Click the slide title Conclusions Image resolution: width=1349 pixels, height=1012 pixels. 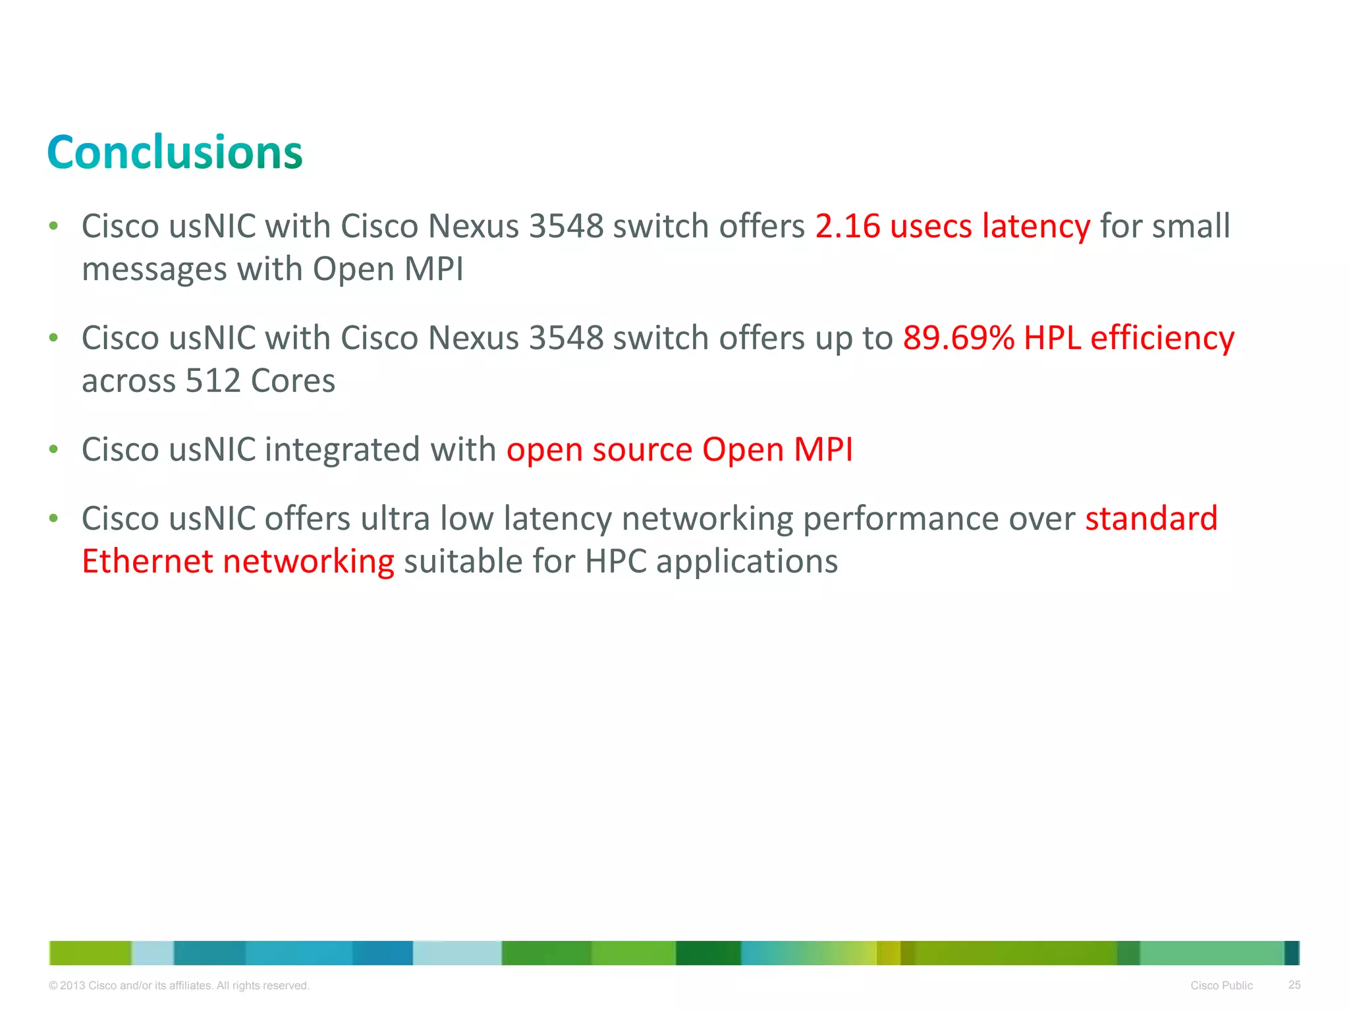[175, 153]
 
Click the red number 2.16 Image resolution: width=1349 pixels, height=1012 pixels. [847, 226]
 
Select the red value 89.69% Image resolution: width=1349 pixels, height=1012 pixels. [958, 338]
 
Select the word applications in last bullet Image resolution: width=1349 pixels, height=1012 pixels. [747, 562]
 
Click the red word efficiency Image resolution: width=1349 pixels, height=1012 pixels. [1162, 339]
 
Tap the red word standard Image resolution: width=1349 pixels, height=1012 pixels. [1151, 519]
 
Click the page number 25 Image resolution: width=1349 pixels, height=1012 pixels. [1294, 985]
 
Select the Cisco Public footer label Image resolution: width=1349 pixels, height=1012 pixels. [1221, 986]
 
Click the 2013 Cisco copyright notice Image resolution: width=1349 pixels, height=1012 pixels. [179, 986]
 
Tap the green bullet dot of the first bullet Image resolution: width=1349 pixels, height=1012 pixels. [54, 227]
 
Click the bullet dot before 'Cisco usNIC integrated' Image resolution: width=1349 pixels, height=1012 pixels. [54, 450]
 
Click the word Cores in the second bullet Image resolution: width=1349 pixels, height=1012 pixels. [292, 381]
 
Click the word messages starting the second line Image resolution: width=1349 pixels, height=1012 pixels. [154, 269]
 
